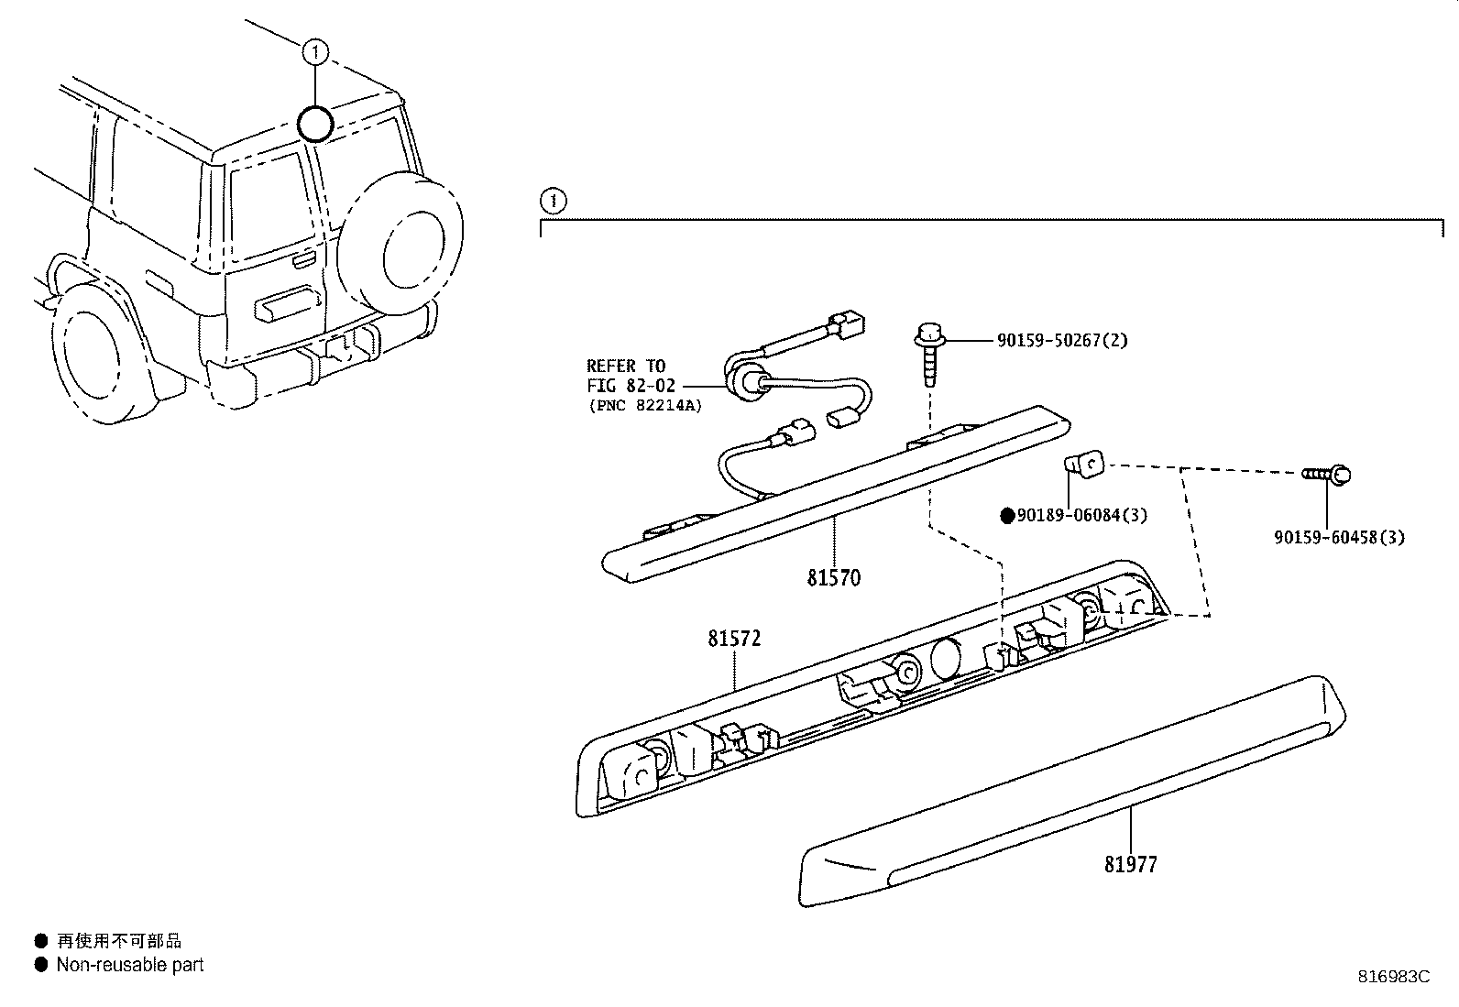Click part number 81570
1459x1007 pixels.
[833, 578]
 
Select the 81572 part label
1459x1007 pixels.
[733, 639]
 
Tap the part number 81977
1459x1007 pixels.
[1130, 864]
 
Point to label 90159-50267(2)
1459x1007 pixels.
[1062, 341]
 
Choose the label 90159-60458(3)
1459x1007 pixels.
[1338, 538]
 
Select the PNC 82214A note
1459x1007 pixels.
[644, 405]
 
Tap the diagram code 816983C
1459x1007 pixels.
[1393, 977]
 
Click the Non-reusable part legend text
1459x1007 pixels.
[129, 965]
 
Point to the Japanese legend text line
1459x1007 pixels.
[119, 941]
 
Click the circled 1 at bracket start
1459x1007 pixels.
[553, 200]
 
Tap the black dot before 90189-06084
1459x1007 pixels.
[1007, 516]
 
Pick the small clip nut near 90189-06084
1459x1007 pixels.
[1085, 466]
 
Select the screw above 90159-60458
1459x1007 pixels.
[1329, 475]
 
